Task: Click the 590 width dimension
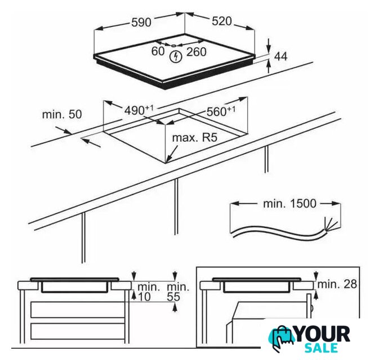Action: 141,22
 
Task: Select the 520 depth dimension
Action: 222,21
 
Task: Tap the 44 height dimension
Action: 281,56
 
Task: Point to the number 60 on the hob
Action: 158,51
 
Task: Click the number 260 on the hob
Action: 197,52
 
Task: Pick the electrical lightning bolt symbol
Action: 176,57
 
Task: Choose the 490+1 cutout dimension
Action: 139,110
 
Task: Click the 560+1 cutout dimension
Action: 221,111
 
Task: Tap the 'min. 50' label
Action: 62,114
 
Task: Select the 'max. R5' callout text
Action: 195,138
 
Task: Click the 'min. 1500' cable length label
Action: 289,204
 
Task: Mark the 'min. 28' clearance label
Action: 337,284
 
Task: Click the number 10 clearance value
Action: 144,297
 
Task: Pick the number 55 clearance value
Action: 173,297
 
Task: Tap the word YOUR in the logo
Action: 323,334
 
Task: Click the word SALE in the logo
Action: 321,348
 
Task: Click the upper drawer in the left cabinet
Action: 77,310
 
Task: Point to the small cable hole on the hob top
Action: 173,46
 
